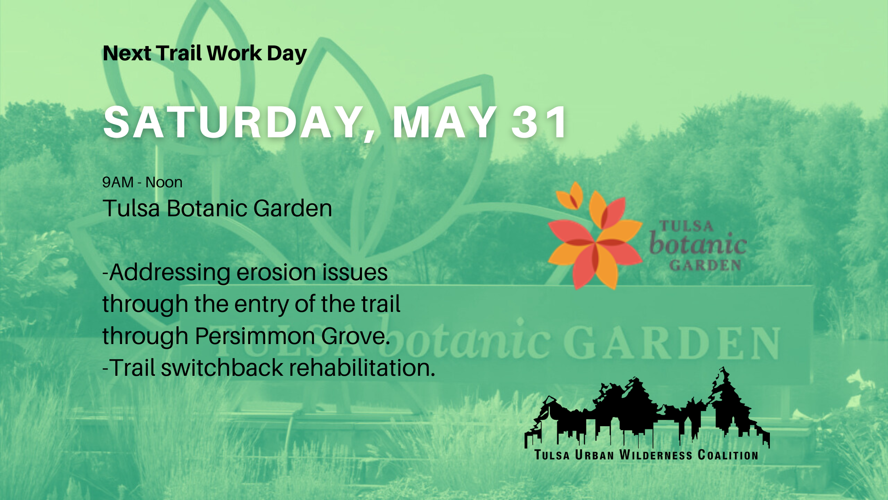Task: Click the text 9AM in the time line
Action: [x=118, y=182]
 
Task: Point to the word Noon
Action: [x=164, y=182]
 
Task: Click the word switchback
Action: [x=222, y=367]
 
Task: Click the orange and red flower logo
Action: [x=595, y=236]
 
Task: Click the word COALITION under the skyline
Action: [x=728, y=455]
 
